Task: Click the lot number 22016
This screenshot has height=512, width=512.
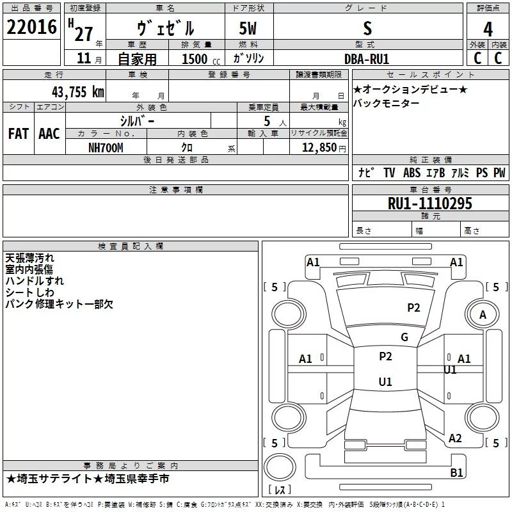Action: [x=31, y=28]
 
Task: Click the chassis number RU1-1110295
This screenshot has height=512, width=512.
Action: [x=430, y=204]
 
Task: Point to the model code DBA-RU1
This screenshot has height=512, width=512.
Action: [x=366, y=58]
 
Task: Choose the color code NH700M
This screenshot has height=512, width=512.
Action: [x=106, y=148]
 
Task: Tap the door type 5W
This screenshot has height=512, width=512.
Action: [x=248, y=29]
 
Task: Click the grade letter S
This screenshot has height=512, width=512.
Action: [x=367, y=29]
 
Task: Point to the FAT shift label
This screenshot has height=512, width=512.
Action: [x=19, y=133]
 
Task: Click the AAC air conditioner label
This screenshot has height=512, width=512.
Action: [x=49, y=133]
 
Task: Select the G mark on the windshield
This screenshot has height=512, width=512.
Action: [x=404, y=337]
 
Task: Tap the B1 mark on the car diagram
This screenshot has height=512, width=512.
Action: [x=456, y=473]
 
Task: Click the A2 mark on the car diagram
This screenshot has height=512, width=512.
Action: [x=455, y=438]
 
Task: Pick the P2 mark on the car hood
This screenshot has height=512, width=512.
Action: [x=413, y=308]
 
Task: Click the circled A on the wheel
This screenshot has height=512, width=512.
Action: [x=483, y=314]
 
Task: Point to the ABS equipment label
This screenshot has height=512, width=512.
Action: [x=412, y=173]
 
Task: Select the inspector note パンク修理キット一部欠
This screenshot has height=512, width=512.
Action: [x=59, y=304]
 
